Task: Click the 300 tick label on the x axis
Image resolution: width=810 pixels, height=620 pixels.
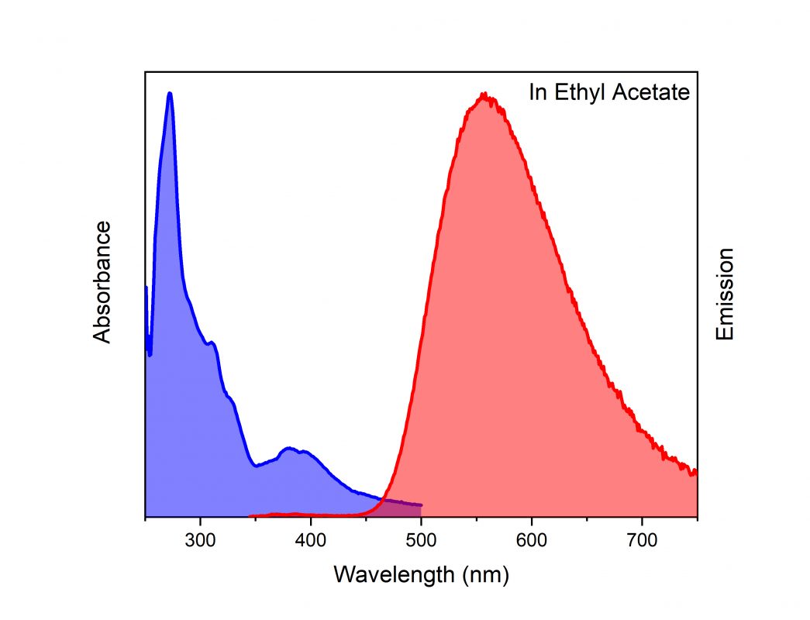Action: pyautogui.click(x=201, y=540)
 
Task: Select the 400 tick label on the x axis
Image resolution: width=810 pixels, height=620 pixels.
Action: pyautogui.click(x=311, y=540)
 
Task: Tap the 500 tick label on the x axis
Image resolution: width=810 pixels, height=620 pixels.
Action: pyautogui.click(x=421, y=540)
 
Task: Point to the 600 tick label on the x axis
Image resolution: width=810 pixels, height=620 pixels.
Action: pyautogui.click(x=531, y=540)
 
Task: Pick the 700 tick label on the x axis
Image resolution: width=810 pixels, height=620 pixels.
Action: pyautogui.click(x=641, y=540)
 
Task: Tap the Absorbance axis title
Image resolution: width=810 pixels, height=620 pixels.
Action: pyautogui.click(x=102, y=281)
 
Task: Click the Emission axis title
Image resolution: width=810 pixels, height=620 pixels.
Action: pyautogui.click(x=725, y=294)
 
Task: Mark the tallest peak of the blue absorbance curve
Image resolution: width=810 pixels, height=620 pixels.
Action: pyautogui.click(x=170, y=94)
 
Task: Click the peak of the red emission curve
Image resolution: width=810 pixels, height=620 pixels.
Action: pyautogui.click(x=484, y=95)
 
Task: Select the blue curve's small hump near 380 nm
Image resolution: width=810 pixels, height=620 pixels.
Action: pyautogui.click(x=290, y=448)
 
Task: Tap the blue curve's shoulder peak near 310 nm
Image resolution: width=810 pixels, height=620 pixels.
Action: pyautogui.click(x=212, y=342)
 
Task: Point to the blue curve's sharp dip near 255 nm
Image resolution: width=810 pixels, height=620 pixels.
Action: pyautogui.click(x=150, y=355)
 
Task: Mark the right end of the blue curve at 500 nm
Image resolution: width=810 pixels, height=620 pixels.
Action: pyautogui.click(x=421, y=505)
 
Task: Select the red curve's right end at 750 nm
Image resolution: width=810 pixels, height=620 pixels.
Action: pyautogui.click(x=695, y=471)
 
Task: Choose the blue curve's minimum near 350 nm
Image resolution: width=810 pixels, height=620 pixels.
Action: pyautogui.click(x=256, y=465)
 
